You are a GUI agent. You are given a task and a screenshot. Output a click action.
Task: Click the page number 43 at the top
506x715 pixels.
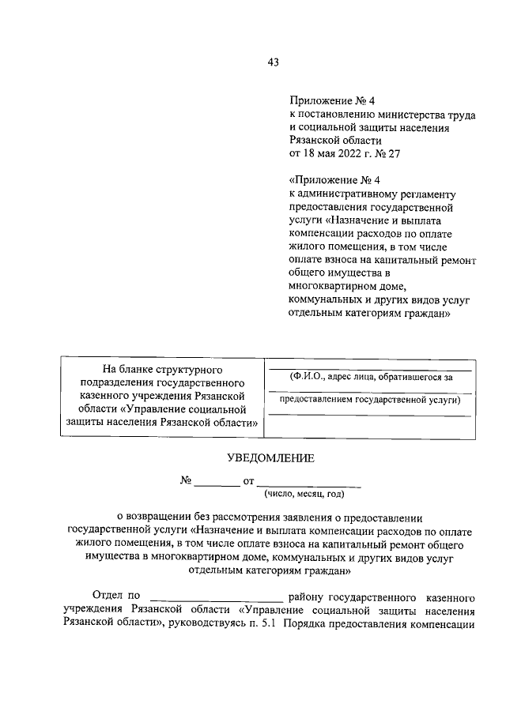(x=274, y=62)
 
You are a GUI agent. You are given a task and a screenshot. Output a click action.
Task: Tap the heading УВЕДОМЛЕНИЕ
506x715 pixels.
(x=270, y=457)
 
